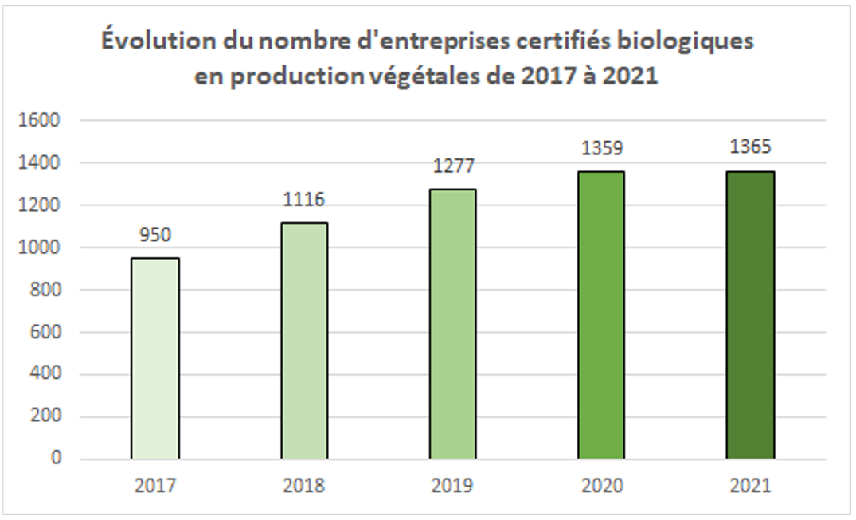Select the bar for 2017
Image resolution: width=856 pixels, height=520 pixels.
(155, 358)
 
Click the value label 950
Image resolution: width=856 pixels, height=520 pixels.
(155, 235)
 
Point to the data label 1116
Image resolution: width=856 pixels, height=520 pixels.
(304, 200)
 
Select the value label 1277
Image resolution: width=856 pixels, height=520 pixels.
(452, 166)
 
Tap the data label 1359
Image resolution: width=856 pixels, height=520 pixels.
(601, 148)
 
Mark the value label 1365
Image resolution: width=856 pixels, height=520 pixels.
(750, 147)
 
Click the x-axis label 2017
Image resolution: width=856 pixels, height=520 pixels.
(155, 486)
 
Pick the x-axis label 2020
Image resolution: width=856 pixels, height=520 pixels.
(601, 486)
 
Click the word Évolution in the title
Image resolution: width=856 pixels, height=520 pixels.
(149, 42)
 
